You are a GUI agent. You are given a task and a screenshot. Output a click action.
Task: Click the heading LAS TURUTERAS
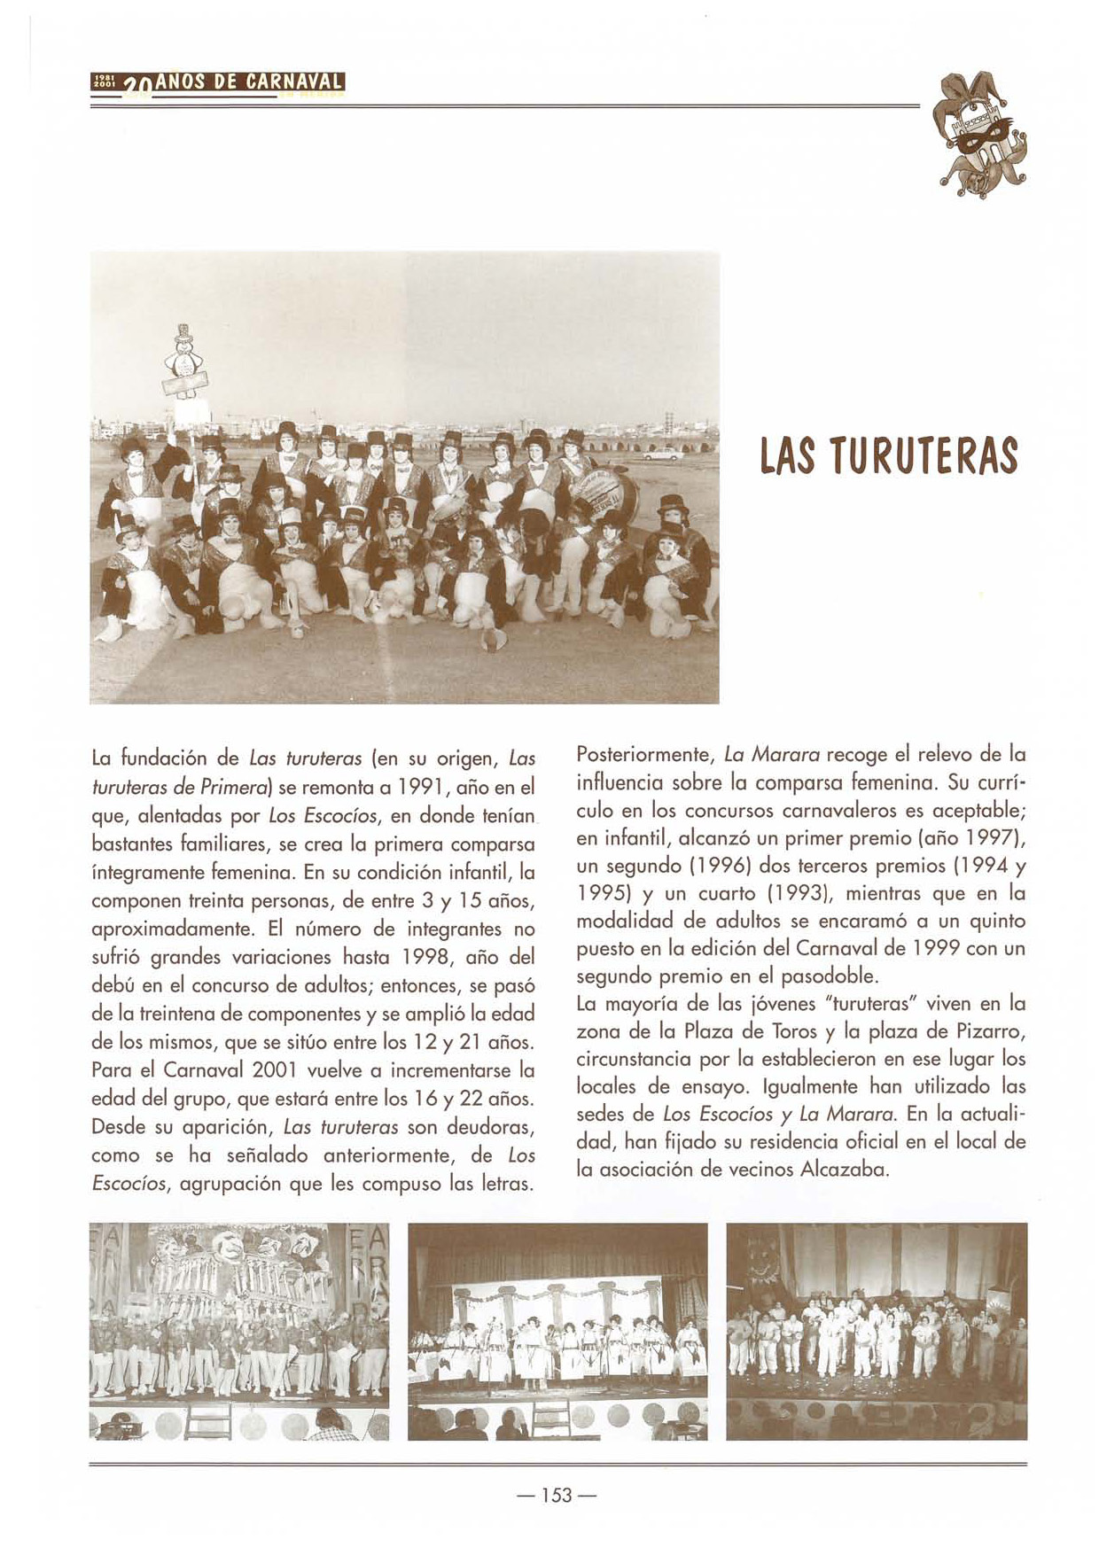(889, 456)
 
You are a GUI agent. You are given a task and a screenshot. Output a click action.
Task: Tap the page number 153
(557, 1495)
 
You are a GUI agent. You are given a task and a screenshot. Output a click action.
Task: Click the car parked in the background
(662, 454)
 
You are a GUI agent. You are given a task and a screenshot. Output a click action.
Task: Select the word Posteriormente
(645, 756)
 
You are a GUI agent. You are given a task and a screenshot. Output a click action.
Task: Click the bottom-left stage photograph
(239, 1331)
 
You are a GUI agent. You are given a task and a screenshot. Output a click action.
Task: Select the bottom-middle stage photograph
(557, 1331)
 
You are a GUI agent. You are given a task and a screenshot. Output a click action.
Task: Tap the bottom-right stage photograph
(877, 1331)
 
